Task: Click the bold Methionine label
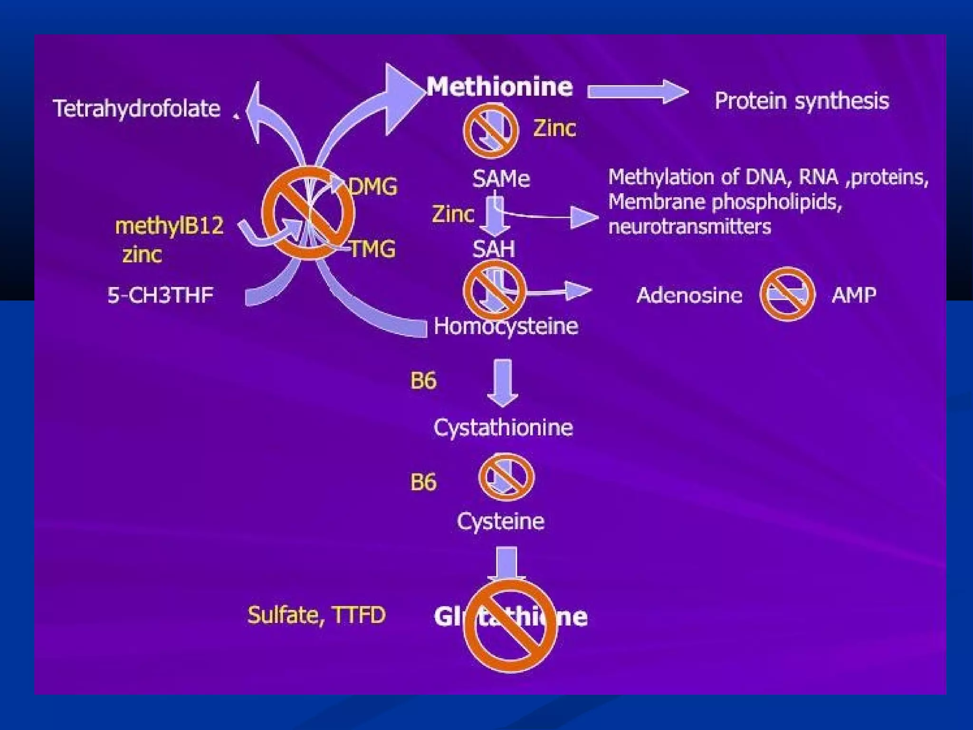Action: coord(499,87)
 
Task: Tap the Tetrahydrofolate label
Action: coord(136,109)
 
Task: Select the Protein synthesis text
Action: coord(801,101)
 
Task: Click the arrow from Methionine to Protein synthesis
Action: coord(637,91)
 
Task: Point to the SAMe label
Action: coord(501,179)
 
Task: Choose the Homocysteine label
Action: coord(506,327)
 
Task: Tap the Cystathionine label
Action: coord(503,428)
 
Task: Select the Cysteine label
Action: coord(500,521)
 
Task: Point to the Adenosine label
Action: coord(689,295)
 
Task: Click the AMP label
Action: coord(854,295)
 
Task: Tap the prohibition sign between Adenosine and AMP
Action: coord(787,294)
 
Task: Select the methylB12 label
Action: coord(169,226)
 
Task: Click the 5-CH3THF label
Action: coord(160,295)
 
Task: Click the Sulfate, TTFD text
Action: coord(316,615)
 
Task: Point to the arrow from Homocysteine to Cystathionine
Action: coord(503,383)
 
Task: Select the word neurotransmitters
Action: coord(689,227)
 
